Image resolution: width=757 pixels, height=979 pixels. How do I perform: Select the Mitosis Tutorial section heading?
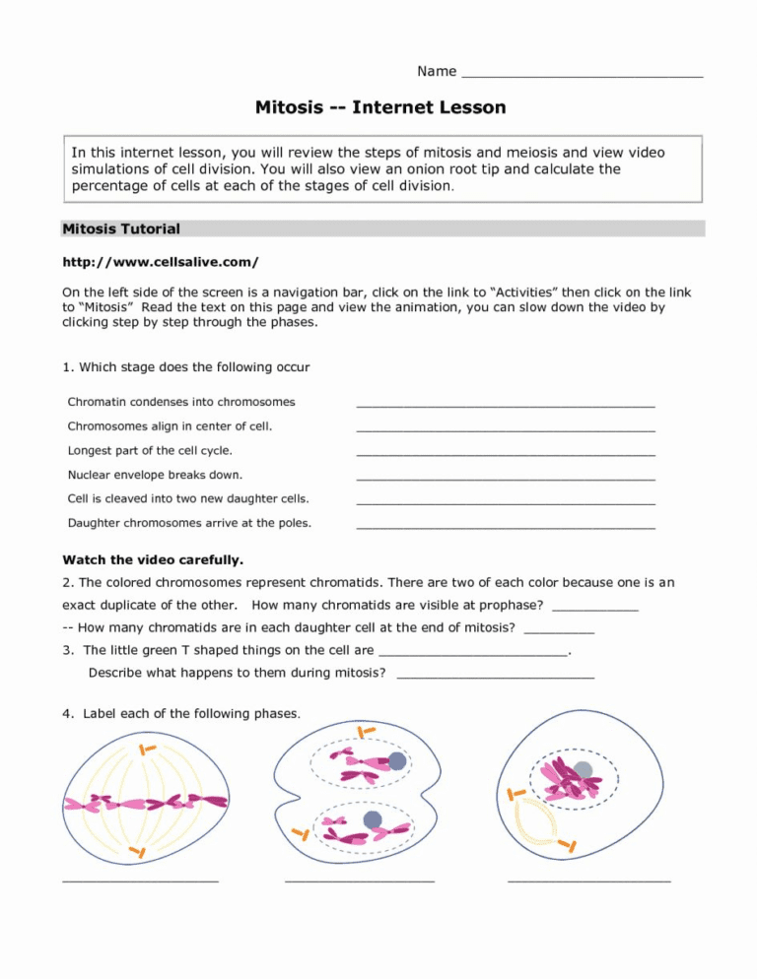(121, 228)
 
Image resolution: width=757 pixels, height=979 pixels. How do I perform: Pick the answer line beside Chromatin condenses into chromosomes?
(505, 404)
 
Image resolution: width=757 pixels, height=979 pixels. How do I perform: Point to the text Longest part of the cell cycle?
(150, 450)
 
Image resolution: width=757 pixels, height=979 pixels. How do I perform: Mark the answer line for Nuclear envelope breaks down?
(505, 478)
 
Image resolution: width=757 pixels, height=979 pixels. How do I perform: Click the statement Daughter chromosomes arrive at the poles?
(189, 523)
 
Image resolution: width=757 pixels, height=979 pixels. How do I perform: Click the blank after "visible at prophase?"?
(595, 607)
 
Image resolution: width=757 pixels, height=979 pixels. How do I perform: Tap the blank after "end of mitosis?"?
(559, 630)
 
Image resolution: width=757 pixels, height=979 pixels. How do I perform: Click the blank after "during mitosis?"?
(495, 677)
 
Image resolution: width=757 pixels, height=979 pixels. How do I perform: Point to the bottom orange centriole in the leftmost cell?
(139, 850)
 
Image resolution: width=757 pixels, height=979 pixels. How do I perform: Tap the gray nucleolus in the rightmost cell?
(584, 770)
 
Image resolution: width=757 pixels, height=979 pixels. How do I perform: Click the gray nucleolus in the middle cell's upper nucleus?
(397, 760)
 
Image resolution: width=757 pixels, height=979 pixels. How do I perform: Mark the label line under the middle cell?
(359, 881)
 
